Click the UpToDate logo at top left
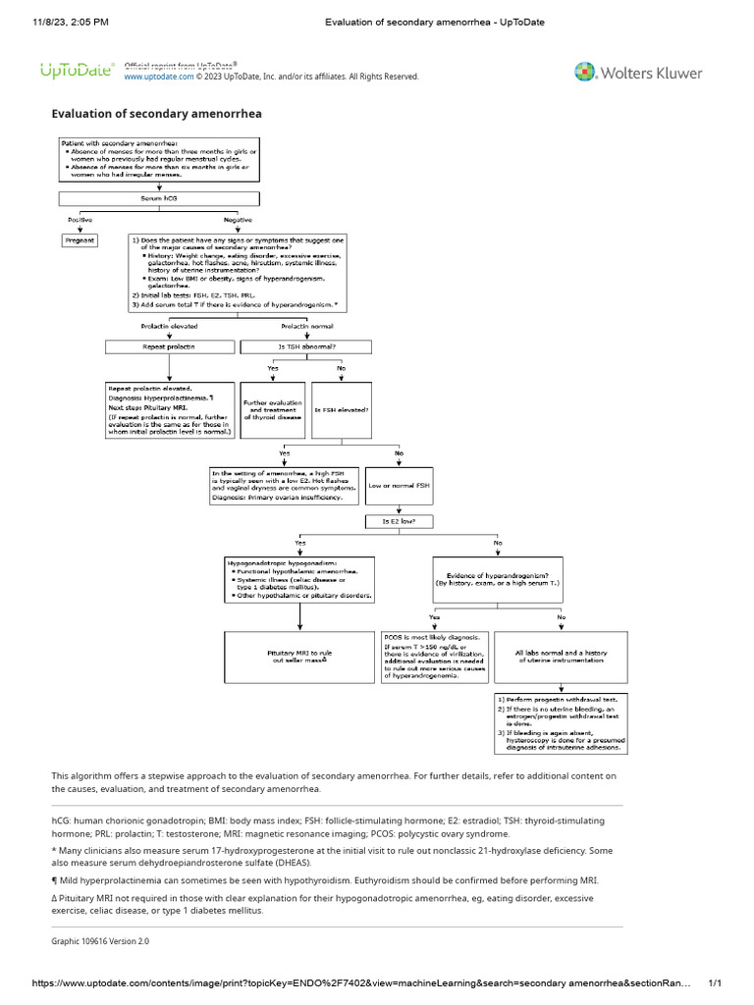pos(77,71)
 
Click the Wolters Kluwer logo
pos(637,72)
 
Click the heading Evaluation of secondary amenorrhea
pos(156,114)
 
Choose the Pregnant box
pos(80,239)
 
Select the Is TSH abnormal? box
pos(305,346)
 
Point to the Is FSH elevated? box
pos(341,408)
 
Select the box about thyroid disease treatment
pos(274,408)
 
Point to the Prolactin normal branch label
pos(307,326)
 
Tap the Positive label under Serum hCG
pos(80,219)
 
